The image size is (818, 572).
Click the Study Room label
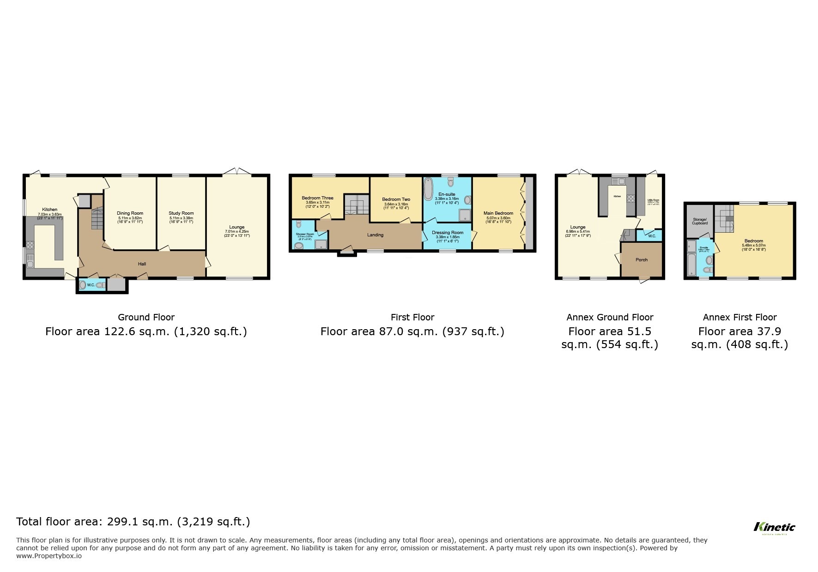pyautogui.click(x=181, y=213)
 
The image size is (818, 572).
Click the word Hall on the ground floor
pyautogui.click(x=142, y=264)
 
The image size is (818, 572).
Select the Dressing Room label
pyautogui.click(x=447, y=233)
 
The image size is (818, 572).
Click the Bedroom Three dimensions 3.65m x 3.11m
pyautogui.click(x=317, y=202)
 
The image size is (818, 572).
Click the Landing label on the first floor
pyautogui.click(x=375, y=235)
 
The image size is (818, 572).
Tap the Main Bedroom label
pyautogui.click(x=498, y=213)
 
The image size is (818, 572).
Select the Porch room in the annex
pyautogui.click(x=641, y=259)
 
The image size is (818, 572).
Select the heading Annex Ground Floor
pyautogui.click(x=610, y=317)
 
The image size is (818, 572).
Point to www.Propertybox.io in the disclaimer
pyautogui.click(x=49, y=556)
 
